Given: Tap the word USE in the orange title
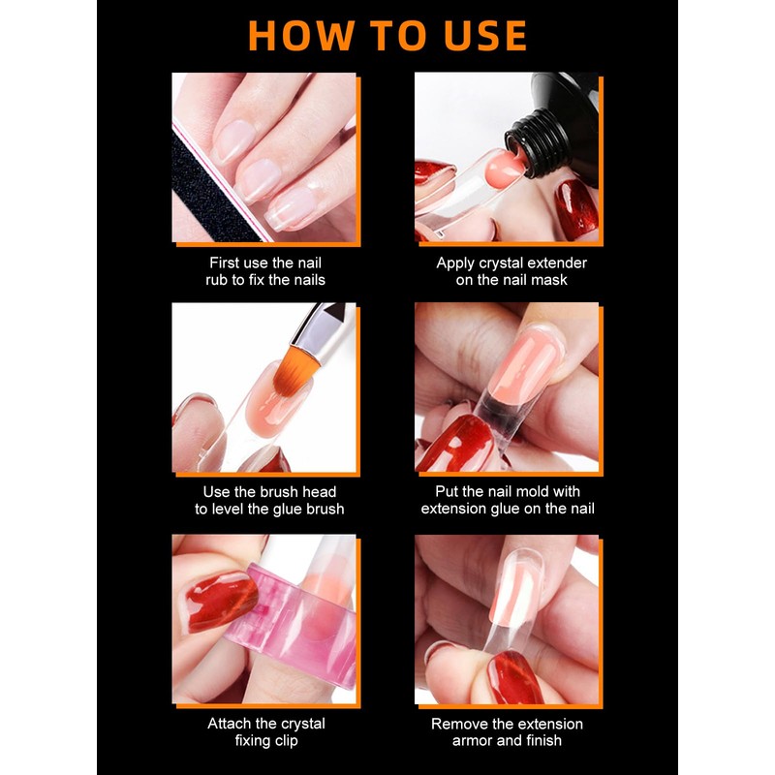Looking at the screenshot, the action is (x=485, y=36).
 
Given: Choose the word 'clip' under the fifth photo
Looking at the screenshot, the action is (x=286, y=741).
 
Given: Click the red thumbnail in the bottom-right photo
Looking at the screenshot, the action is (x=514, y=676).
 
